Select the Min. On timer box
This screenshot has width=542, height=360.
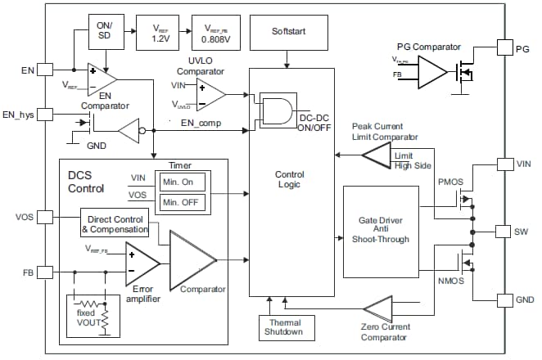point(181,182)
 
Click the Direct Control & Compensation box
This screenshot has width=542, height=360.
point(114,224)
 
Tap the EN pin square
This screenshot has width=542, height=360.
point(45,70)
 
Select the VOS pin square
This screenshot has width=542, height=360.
point(45,218)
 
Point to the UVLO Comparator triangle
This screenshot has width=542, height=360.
point(210,94)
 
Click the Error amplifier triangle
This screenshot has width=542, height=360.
point(142,262)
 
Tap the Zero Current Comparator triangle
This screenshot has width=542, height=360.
point(379,308)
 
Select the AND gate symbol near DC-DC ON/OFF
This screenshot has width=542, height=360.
point(275,110)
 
